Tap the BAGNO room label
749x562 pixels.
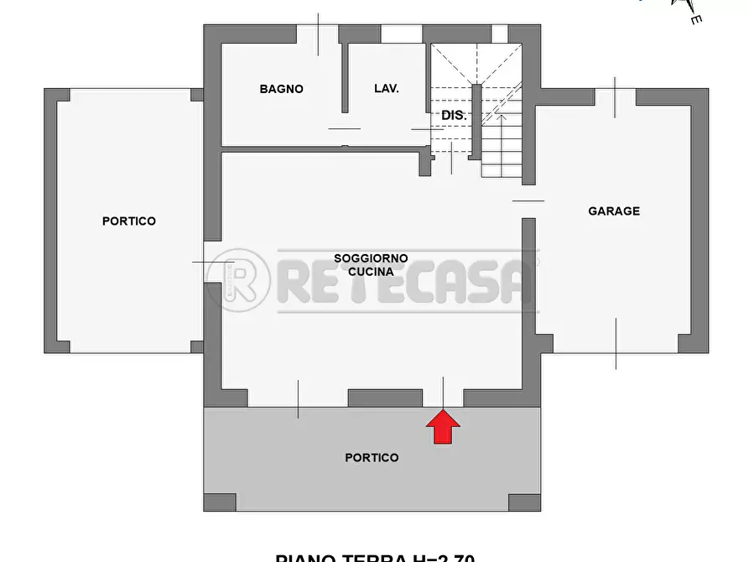tap(281, 89)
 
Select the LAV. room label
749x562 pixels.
tap(386, 89)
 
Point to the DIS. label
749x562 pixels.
tap(454, 116)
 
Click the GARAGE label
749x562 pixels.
tap(613, 211)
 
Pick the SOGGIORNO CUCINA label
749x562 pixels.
tap(371, 265)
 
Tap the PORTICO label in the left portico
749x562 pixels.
tap(129, 221)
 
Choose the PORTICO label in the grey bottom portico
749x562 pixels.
tap(372, 458)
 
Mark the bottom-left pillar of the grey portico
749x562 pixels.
tap(220, 502)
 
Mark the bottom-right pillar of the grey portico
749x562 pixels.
tap(524, 502)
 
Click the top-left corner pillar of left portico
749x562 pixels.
tap(56, 94)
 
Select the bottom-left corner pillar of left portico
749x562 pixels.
tap(56, 346)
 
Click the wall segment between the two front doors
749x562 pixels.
tap(385, 398)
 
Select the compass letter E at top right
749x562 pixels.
tap(695, 18)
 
